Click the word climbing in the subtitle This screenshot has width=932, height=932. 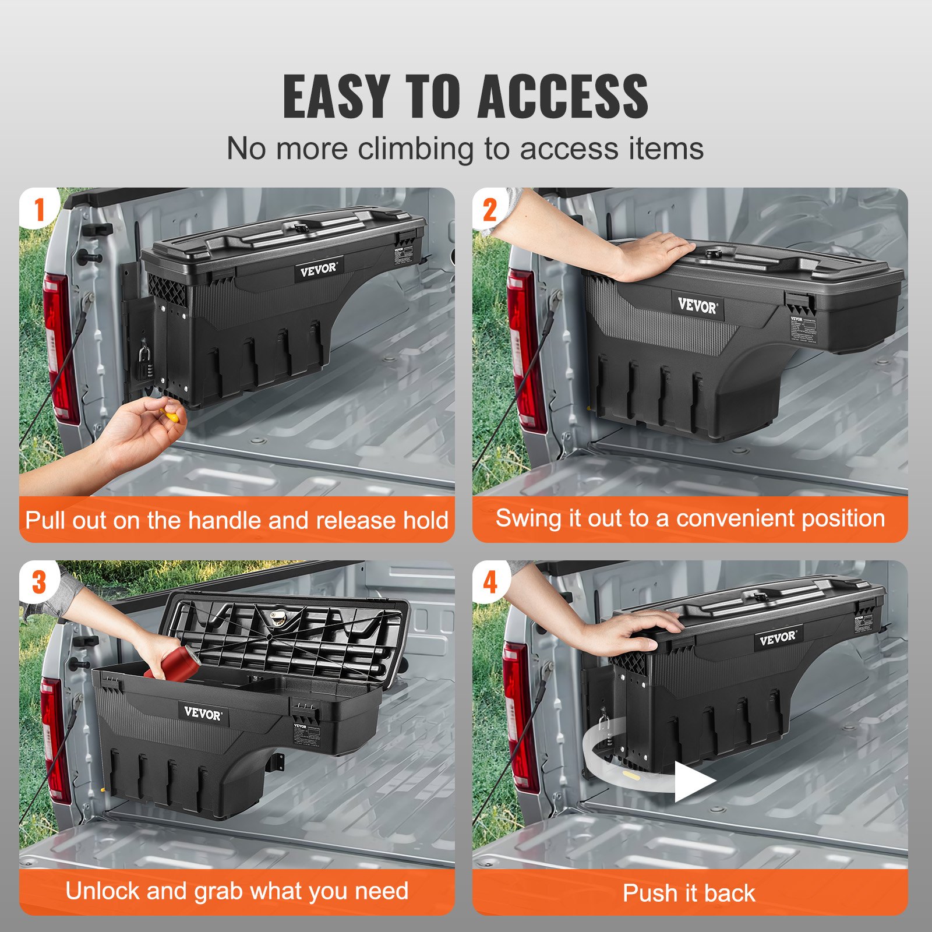(x=415, y=149)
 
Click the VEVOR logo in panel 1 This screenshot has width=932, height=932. (x=318, y=270)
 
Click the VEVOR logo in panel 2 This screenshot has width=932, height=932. (x=697, y=305)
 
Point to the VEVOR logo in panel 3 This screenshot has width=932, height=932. (x=202, y=713)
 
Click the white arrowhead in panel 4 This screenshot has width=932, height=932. (x=693, y=781)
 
